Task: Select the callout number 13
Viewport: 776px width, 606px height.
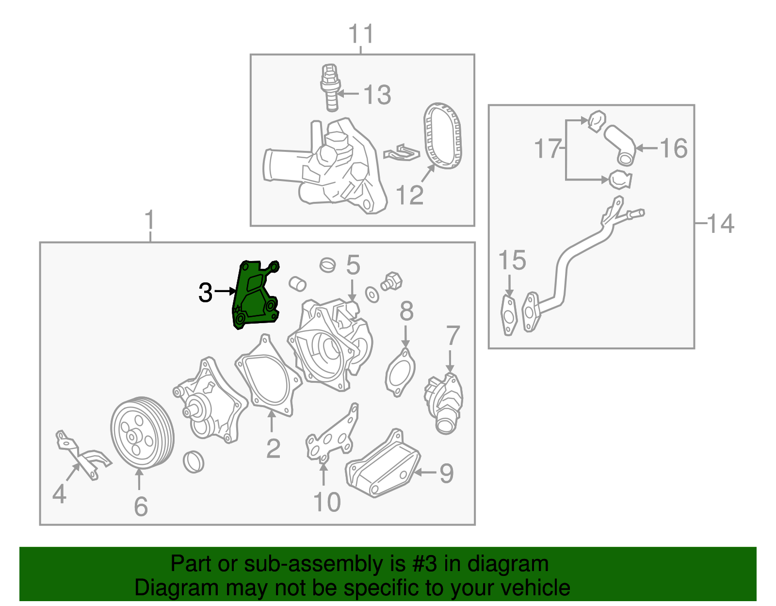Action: [x=377, y=95]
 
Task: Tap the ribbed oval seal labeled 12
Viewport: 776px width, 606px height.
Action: [x=442, y=135]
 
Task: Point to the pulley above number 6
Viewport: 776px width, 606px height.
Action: [x=142, y=432]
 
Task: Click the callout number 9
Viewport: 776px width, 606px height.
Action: [x=447, y=474]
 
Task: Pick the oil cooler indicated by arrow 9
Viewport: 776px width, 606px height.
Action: [x=383, y=464]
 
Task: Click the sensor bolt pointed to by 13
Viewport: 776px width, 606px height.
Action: [x=330, y=87]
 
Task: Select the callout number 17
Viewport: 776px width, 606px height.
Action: [x=548, y=148]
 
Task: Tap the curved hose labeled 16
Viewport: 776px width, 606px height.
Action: [x=619, y=146]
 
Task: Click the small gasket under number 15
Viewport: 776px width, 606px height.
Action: [x=509, y=315]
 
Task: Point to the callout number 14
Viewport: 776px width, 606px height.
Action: [x=720, y=224]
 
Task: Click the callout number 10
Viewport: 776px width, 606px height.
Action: [x=327, y=503]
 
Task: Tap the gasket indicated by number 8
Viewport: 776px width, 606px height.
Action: [x=400, y=373]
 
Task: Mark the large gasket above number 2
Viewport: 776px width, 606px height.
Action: [x=269, y=376]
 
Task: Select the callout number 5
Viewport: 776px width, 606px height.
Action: [x=353, y=265]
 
